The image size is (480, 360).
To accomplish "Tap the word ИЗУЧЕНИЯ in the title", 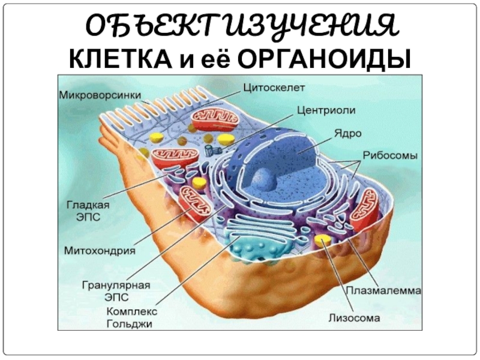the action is (x=297, y=26).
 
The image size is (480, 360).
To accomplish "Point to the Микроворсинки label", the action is (x=100, y=95).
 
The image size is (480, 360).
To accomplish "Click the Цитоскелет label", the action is (x=274, y=88).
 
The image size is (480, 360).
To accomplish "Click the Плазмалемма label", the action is (x=383, y=290).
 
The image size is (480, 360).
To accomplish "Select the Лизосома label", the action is (x=353, y=317).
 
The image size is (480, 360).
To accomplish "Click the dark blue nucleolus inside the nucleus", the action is (x=262, y=178).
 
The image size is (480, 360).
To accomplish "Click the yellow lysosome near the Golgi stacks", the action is (x=323, y=241).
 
